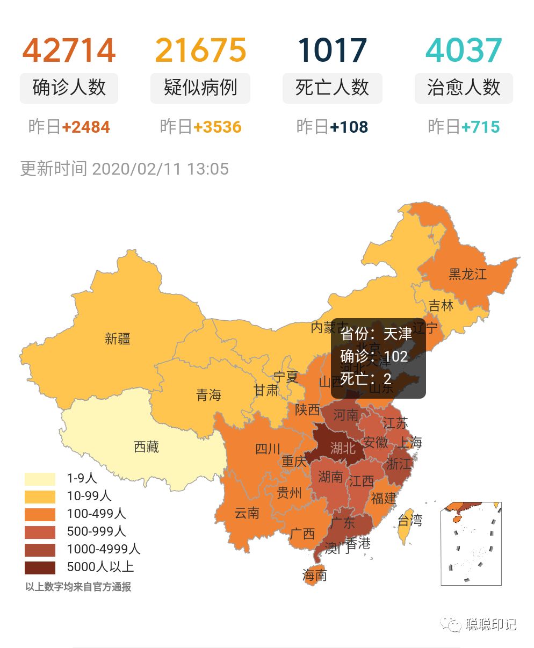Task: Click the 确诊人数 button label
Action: coord(69,88)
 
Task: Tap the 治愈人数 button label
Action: coord(464,88)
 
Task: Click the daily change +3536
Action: coord(218,127)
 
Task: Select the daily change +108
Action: coord(349,127)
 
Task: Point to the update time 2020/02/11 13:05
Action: coord(160,169)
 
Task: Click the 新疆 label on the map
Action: coord(118,339)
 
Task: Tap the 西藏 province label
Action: coord(146,447)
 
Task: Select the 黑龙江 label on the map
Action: coord(467,274)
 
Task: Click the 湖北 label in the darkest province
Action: coord(343,447)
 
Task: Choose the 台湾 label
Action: coord(410,520)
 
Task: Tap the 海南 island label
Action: coord(315,575)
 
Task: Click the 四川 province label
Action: coord(268,448)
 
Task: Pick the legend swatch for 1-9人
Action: coord(40,478)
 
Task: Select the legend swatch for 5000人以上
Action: coord(40,567)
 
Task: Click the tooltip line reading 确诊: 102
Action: coord(374,356)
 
